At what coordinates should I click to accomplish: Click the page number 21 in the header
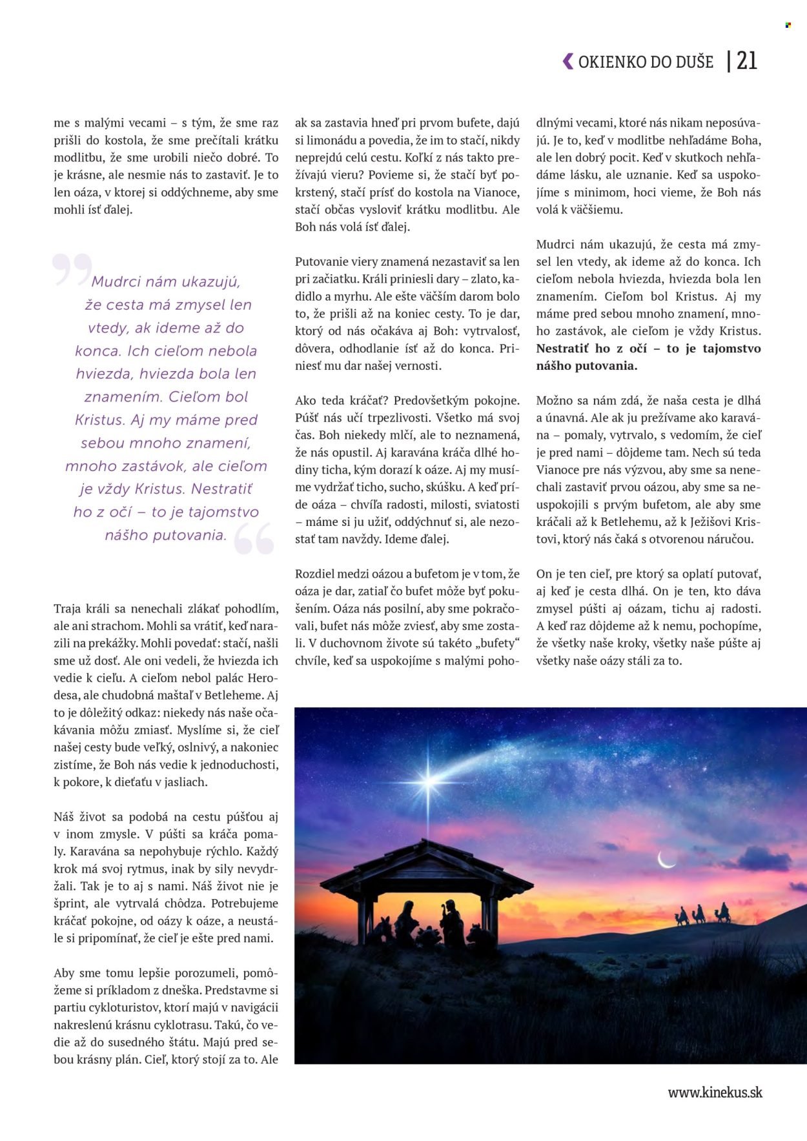(747, 61)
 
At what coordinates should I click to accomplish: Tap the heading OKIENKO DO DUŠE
(646, 62)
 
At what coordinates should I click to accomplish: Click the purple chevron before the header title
(567, 61)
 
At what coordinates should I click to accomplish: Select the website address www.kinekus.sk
(715, 1093)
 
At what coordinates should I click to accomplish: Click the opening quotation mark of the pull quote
(72, 269)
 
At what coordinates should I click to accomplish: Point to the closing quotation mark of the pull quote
(254, 539)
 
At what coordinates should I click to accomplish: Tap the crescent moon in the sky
(666, 860)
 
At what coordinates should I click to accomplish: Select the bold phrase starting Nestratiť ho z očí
(648, 357)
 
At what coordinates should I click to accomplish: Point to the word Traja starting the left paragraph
(67, 609)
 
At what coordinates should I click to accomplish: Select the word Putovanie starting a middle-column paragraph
(321, 262)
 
